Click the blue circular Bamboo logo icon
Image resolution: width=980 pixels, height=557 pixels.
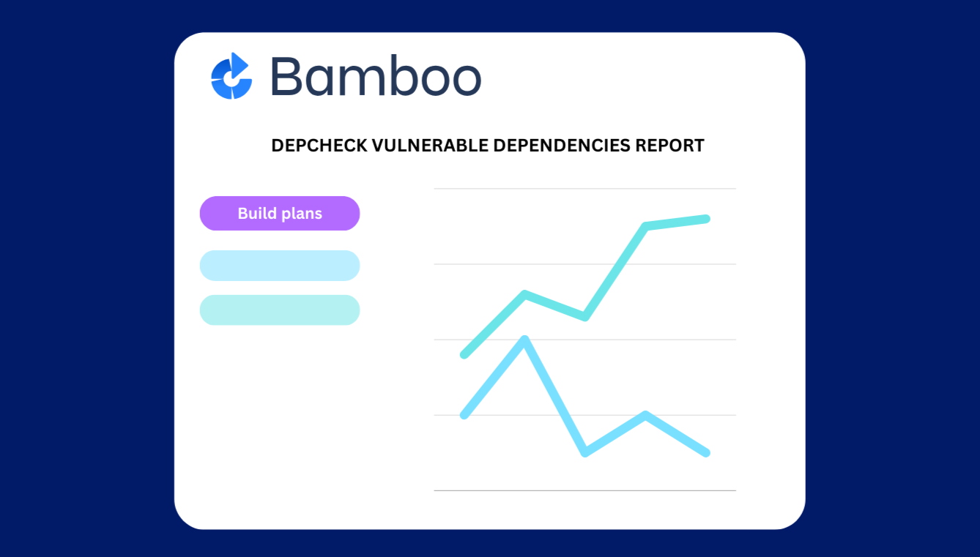tap(231, 76)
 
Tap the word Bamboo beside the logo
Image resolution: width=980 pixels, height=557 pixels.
tap(375, 76)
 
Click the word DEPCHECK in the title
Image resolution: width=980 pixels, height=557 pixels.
tap(319, 146)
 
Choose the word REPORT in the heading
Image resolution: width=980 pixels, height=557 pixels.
tap(669, 146)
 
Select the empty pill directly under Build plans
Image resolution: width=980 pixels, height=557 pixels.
tap(280, 266)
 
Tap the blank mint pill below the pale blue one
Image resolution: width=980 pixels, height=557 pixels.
tap(280, 310)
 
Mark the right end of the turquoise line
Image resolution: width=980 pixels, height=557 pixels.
tap(706, 219)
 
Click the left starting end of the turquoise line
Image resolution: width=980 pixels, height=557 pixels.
tap(464, 355)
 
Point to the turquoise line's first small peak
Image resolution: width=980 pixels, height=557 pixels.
tap(525, 294)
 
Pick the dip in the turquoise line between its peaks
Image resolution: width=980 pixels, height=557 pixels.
tap(584, 316)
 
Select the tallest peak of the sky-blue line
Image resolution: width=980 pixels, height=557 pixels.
tap(524, 339)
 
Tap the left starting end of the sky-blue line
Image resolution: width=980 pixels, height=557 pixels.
tap(464, 415)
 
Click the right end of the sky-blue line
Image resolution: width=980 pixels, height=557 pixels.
tap(706, 453)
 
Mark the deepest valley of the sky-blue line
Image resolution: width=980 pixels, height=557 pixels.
tap(584, 453)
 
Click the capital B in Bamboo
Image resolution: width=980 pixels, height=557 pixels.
tap(288, 76)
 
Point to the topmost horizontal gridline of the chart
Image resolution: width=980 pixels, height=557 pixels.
tap(584, 189)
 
